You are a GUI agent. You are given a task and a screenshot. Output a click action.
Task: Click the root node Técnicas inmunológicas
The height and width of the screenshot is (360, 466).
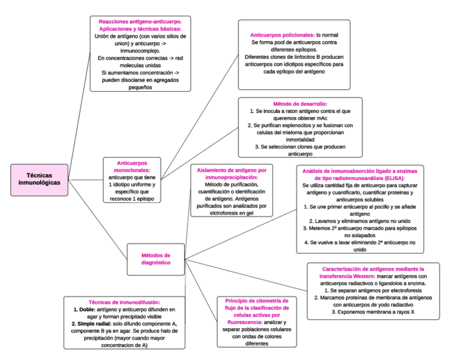40,179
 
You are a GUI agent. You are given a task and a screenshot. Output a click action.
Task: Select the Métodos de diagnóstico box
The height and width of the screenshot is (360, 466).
156,259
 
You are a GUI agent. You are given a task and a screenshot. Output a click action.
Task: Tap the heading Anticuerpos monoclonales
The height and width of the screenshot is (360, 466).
133,167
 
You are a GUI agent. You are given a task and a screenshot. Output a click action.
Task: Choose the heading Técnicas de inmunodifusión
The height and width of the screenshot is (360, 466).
124,302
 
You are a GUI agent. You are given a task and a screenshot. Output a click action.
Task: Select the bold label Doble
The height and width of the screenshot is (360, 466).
84,309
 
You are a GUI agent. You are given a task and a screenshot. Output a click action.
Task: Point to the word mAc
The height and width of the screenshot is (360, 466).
321,118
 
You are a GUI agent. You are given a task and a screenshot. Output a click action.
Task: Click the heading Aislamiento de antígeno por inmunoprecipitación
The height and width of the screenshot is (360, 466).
231,174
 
